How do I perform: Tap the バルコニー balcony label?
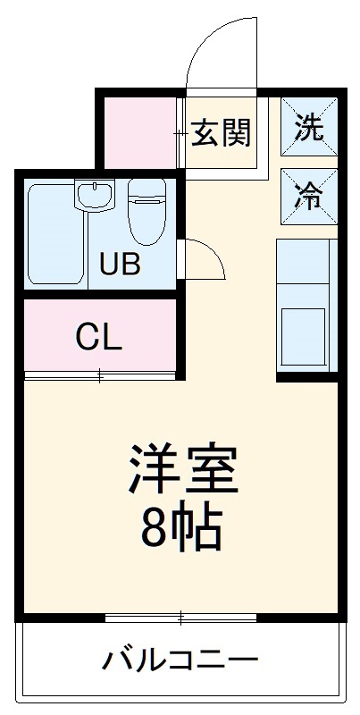point(179,662)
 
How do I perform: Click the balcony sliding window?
point(180,618)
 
